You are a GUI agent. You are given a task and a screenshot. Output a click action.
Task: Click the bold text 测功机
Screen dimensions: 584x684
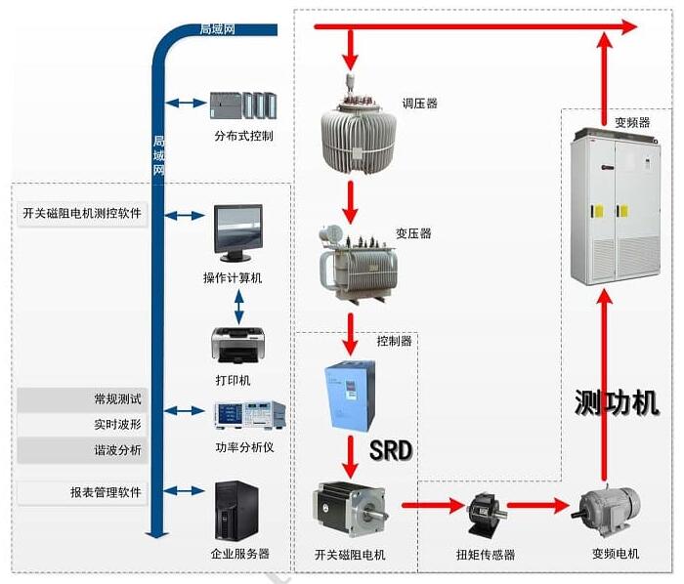(x=617, y=401)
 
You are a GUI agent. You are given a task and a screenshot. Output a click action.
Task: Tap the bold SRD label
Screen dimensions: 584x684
(x=391, y=450)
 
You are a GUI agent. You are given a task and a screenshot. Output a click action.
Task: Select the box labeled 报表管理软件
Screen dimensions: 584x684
(x=82, y=492)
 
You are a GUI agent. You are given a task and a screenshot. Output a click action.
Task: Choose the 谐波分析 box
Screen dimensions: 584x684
(x=82, y=450)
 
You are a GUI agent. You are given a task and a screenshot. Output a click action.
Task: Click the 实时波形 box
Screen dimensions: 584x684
(x=82, y=425)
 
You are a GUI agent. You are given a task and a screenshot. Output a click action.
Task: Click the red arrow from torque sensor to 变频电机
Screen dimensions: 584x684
(x=541, y=506)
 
